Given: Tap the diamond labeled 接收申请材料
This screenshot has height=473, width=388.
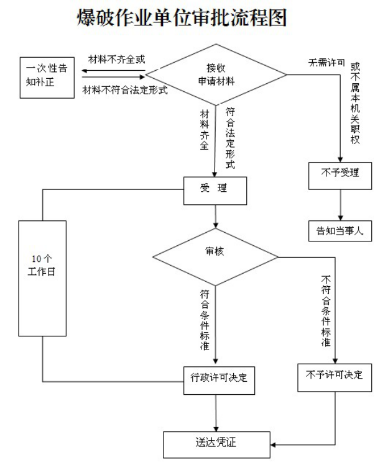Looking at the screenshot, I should point(215,74).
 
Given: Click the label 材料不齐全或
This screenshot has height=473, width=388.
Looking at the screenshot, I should point(116,60).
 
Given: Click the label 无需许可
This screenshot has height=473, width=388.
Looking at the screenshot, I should point(326,63).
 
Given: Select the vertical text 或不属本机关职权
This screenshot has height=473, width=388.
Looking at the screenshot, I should point(356,103).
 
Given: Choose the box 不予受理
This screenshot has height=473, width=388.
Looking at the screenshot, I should point(341,174).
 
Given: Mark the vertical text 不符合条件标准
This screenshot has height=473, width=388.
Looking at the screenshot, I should point(325,310).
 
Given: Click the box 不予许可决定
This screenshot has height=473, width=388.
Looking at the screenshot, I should point(334,376).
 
